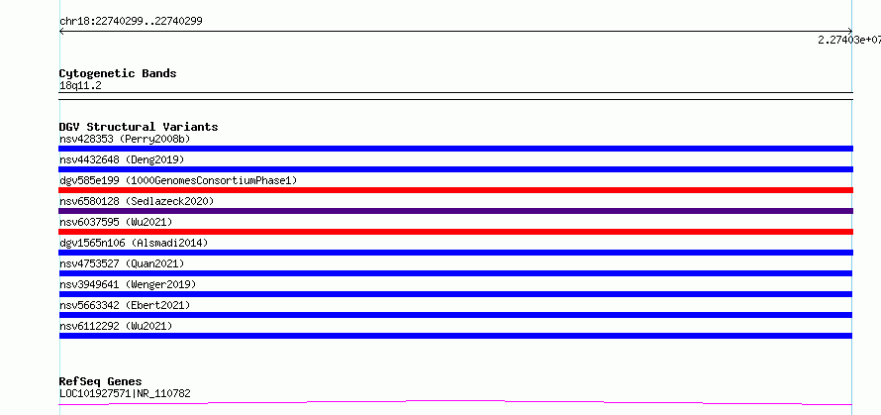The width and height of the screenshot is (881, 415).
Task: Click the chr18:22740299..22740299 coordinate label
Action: (131, 22)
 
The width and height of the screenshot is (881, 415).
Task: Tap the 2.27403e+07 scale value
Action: (849, 40)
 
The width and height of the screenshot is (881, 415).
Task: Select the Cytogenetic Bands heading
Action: (118, 73)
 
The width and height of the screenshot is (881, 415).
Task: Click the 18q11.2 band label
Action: (80, 86)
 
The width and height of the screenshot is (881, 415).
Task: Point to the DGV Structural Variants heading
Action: (139, 127)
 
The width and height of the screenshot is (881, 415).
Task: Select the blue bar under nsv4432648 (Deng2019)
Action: (455, 169)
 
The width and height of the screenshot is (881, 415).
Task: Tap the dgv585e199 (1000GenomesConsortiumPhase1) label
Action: (178, 180)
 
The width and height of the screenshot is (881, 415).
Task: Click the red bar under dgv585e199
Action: (455, 190)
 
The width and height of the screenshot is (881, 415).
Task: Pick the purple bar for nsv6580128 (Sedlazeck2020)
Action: (455, 211)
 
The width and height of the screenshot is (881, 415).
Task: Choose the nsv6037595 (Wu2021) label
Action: (116, 222)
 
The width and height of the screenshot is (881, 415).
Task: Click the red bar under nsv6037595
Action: (455, 232)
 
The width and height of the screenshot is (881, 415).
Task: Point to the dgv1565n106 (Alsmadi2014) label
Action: (134, 243)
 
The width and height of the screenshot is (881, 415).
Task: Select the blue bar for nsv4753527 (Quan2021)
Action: (455, 273)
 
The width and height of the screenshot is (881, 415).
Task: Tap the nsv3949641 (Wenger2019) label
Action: (128, 284)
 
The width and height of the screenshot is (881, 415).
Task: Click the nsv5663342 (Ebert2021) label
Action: (125, 305)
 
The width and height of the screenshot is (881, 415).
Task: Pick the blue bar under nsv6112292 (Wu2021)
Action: (455, 336)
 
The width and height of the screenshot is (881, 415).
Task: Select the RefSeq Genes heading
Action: (101, 382)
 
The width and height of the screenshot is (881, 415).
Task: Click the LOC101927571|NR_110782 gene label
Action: (125, 393)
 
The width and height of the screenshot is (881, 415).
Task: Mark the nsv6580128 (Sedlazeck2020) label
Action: (137, 201)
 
